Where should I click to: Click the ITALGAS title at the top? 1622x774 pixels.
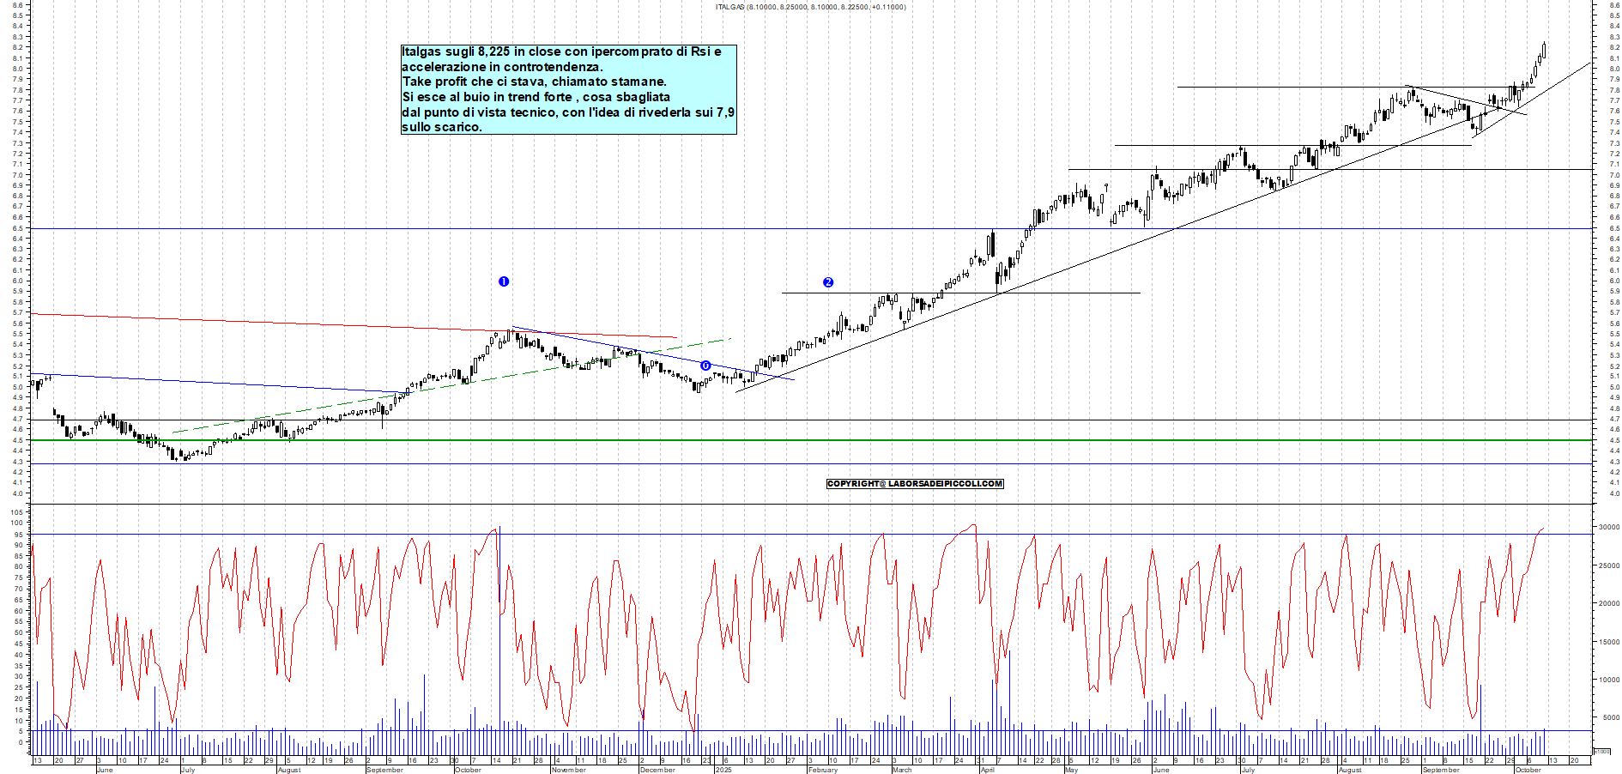(x=730, y=7)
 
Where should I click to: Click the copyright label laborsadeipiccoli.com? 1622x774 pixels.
(x=914, y=484)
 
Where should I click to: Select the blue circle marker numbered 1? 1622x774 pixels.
(x=504, y=281)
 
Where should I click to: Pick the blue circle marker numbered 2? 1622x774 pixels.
(x=828, y=282)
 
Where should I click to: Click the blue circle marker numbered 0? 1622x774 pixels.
(x=705, y=366)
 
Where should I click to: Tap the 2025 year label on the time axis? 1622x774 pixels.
(x=723, y=770)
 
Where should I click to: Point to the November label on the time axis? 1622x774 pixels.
(x=568, y=770)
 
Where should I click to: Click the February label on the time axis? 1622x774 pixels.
(x=822, y=770)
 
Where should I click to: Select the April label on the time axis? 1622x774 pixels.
(x=988, y=770)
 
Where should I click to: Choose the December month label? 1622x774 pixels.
(x=657, y=770)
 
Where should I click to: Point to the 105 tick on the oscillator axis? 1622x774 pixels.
(x=16, y=511)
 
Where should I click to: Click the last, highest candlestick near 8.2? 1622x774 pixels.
(x=1544, y=50)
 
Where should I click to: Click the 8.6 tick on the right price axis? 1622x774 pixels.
(x=1614, y=5)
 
